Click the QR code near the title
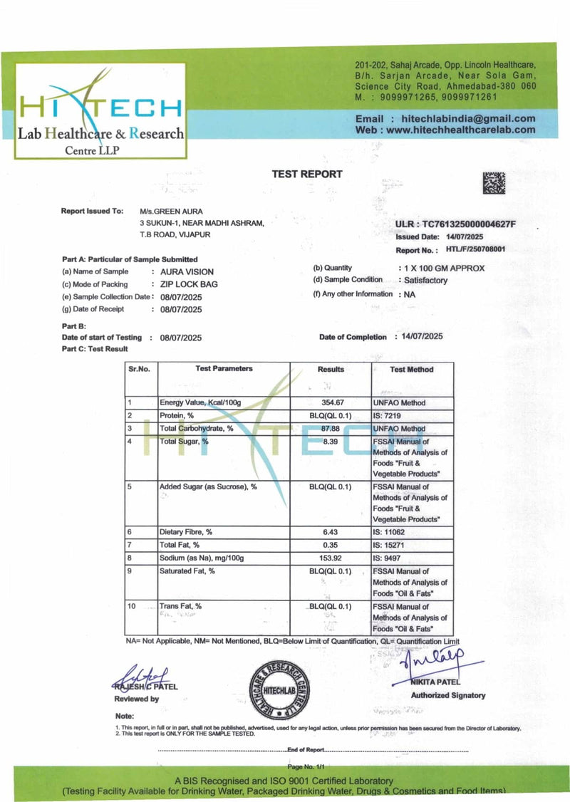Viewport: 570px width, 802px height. [494, 183]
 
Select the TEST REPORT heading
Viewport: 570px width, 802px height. [307, 174]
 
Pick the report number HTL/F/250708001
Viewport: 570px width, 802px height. [475, 250]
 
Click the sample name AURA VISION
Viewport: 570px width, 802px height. [187, 271]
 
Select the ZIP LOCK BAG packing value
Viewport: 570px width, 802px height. [189, 284]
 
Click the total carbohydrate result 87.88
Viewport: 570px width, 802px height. [331, 429]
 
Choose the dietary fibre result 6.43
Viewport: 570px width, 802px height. [331, 532]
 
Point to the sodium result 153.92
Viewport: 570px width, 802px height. [331, 558]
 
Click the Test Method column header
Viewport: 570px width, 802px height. [411, 370]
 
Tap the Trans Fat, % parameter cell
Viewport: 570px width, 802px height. [180, 606]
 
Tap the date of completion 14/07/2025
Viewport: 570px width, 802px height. [423, 336]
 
